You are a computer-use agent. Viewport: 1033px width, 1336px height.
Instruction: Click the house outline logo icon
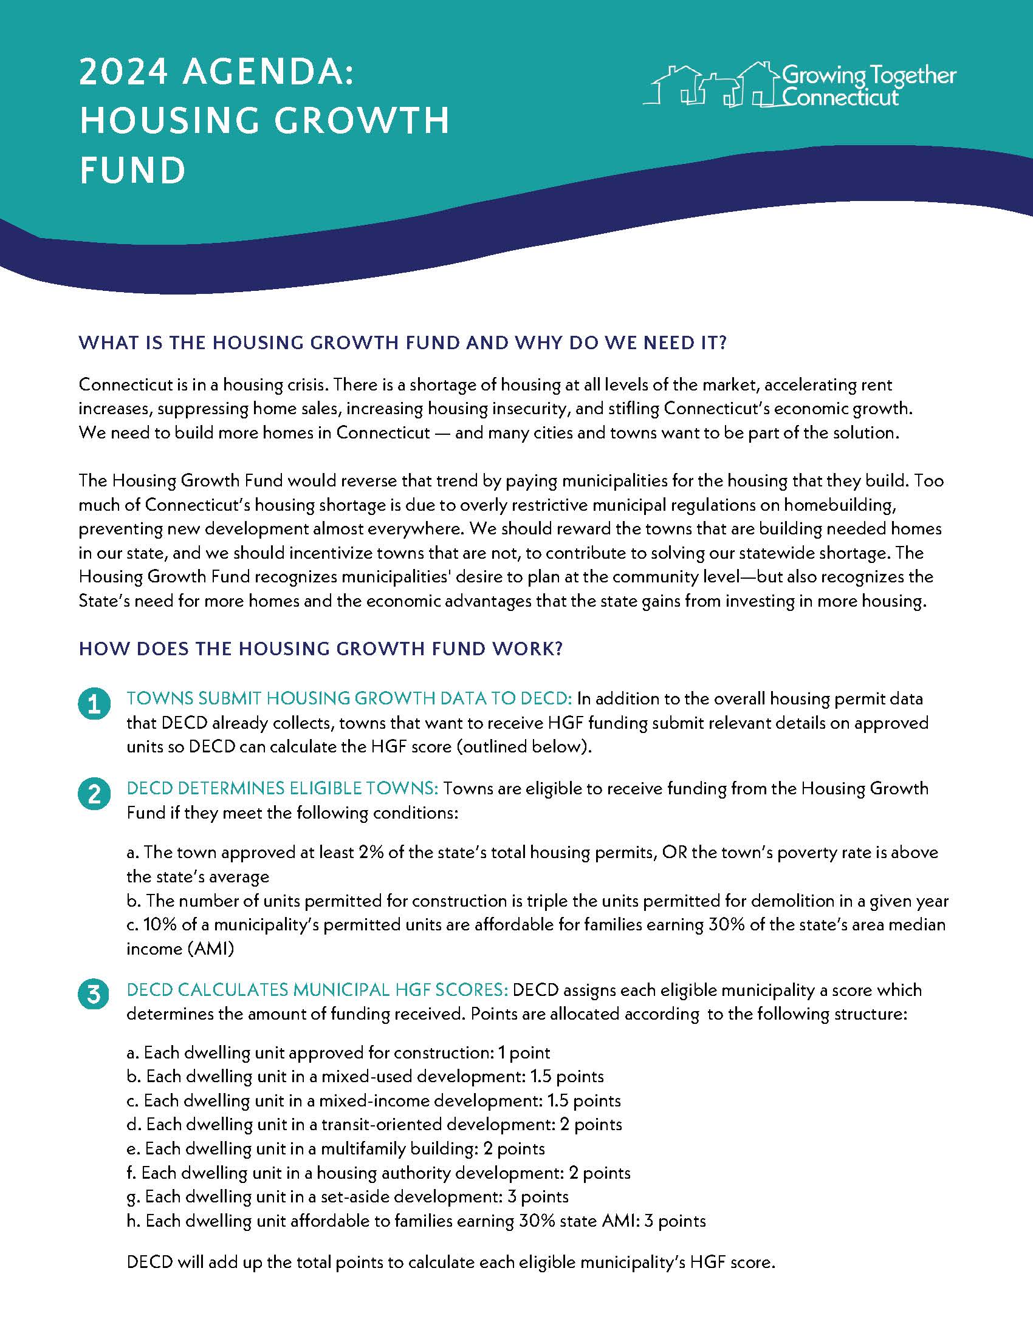(x=710, y=86)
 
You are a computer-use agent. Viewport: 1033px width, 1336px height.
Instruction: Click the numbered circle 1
(x=94, y=705)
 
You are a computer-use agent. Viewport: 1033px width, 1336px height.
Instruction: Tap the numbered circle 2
(x=94, y=795)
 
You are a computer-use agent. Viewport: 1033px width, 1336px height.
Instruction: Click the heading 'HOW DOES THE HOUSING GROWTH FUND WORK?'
(x=321, y=649)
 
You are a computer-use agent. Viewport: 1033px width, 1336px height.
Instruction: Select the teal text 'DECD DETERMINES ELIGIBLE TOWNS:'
(x=282, y=788)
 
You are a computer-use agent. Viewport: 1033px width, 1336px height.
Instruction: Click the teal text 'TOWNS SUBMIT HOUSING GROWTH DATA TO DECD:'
(x=349, y=698)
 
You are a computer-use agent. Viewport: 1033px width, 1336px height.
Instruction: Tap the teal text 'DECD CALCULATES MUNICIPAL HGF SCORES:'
(x=317, y=990)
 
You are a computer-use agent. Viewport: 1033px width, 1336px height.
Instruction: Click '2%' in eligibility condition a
(x=371, y=853)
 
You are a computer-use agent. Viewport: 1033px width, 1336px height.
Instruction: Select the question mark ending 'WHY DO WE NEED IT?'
(x=721, y=343)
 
